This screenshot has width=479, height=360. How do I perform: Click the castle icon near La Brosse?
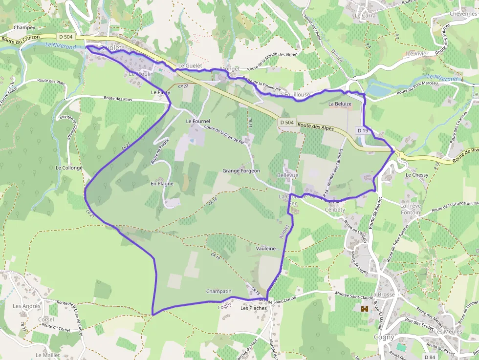click(364, 309)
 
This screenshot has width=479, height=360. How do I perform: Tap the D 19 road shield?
click(362, 130)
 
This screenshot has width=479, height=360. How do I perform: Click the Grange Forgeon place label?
click(241, 171)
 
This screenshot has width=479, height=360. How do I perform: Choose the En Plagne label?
click(162, 184)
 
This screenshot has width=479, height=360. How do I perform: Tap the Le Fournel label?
click(198, 121)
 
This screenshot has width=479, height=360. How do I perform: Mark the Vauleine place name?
click(266, 249)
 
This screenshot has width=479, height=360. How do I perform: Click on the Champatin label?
click(218, 292)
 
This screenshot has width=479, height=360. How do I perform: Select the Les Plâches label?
click(254, 308)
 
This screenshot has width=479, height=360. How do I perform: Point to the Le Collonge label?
click(69, 168)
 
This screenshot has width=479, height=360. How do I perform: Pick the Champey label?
click(24, 28)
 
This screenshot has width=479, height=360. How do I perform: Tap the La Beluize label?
click(340, 104)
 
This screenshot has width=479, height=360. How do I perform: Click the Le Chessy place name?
click(417, 175)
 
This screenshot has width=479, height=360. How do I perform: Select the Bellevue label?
click(287, 175)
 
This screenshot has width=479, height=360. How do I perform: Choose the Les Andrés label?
click(26, 306)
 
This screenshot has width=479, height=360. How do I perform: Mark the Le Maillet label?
click(48, 355)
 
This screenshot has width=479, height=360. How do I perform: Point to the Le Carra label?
click(366, 16)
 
